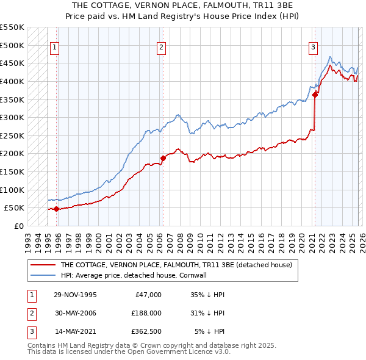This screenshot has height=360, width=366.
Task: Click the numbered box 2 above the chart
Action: [x=161, y=48]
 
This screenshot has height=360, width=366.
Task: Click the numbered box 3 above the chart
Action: [x=313, y=48]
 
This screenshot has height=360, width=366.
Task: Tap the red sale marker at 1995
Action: [x=57, y=209]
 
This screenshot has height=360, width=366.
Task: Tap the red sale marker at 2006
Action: [x=163, y=158]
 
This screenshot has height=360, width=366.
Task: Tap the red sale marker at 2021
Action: [x=315, y=95]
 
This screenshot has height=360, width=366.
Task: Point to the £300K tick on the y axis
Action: [x=12, y=117]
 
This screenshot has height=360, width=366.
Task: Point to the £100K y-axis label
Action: [x=12, y=190]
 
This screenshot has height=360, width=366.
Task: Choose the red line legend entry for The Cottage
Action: [x=176, y=265]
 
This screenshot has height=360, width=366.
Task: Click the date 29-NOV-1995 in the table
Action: [x=74, y=295]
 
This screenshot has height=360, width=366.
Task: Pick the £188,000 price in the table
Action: [x=146, y=313]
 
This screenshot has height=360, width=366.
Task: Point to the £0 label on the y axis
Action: [x=18, y=226]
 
